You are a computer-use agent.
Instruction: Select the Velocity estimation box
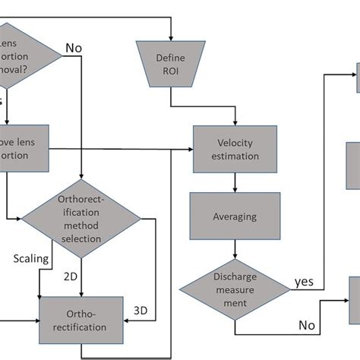coord(237,149)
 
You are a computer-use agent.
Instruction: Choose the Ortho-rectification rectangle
coord(81,322)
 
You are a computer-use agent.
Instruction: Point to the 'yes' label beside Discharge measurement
coord(304,282)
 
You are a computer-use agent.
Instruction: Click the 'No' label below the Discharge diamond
coord(306,326)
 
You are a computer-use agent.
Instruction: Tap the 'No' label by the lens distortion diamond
coord(74,48)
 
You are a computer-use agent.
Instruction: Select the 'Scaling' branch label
coord(31,258)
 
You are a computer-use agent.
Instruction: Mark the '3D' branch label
coord(141,310)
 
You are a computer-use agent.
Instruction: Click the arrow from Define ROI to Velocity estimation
coord(237,114)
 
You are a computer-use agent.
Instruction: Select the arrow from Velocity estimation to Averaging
coord(237,181)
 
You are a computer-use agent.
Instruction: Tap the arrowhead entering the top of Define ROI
coord(171,37)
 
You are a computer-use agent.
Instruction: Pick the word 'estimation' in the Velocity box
coord(237,156)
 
